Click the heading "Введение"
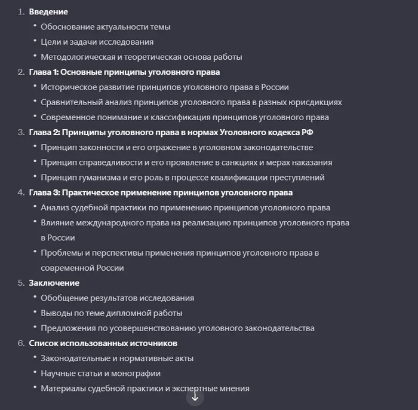(x=48, y=12)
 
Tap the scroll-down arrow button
(x=195, y=396)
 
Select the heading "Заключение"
(x=54, y=283)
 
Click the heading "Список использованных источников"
(x=103, y=343)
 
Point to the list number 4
(x=21, y=192)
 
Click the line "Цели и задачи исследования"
(x=97, y=42)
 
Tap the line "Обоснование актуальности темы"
(x=106, y=27)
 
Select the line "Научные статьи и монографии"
(x=100, y=374)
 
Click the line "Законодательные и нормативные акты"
(x=117, y=359)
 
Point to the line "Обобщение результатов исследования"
(x=117, y=298)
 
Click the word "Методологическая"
(x=75, y=57)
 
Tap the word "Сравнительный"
(x=69, y=102)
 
